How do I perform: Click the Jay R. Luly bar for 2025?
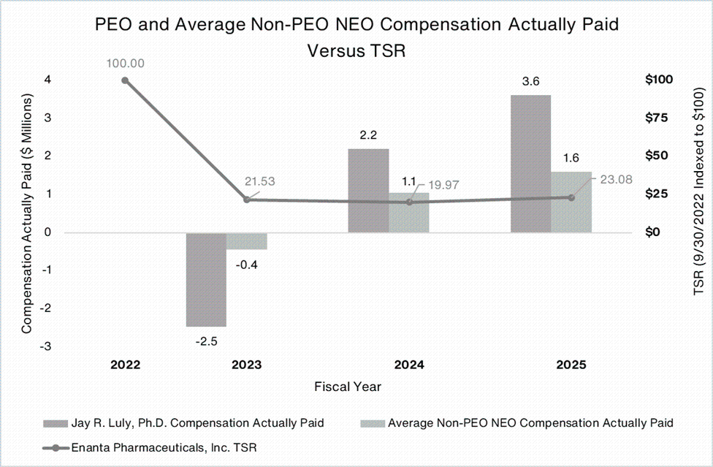(x=530, y=163)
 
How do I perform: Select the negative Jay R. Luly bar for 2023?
(x=206, y=279)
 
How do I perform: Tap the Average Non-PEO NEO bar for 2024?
(x=409, y=213)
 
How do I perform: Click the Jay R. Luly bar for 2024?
(x=368, y=190)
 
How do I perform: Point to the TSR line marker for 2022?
(x=125, y=80)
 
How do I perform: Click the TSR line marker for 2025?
(x=571, y=197)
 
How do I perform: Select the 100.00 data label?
(x=125, y=64)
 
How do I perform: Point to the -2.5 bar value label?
(x=206, y=340)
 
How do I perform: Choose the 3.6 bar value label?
(x=530, y=82)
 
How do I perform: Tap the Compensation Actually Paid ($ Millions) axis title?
(x=27, y=212)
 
